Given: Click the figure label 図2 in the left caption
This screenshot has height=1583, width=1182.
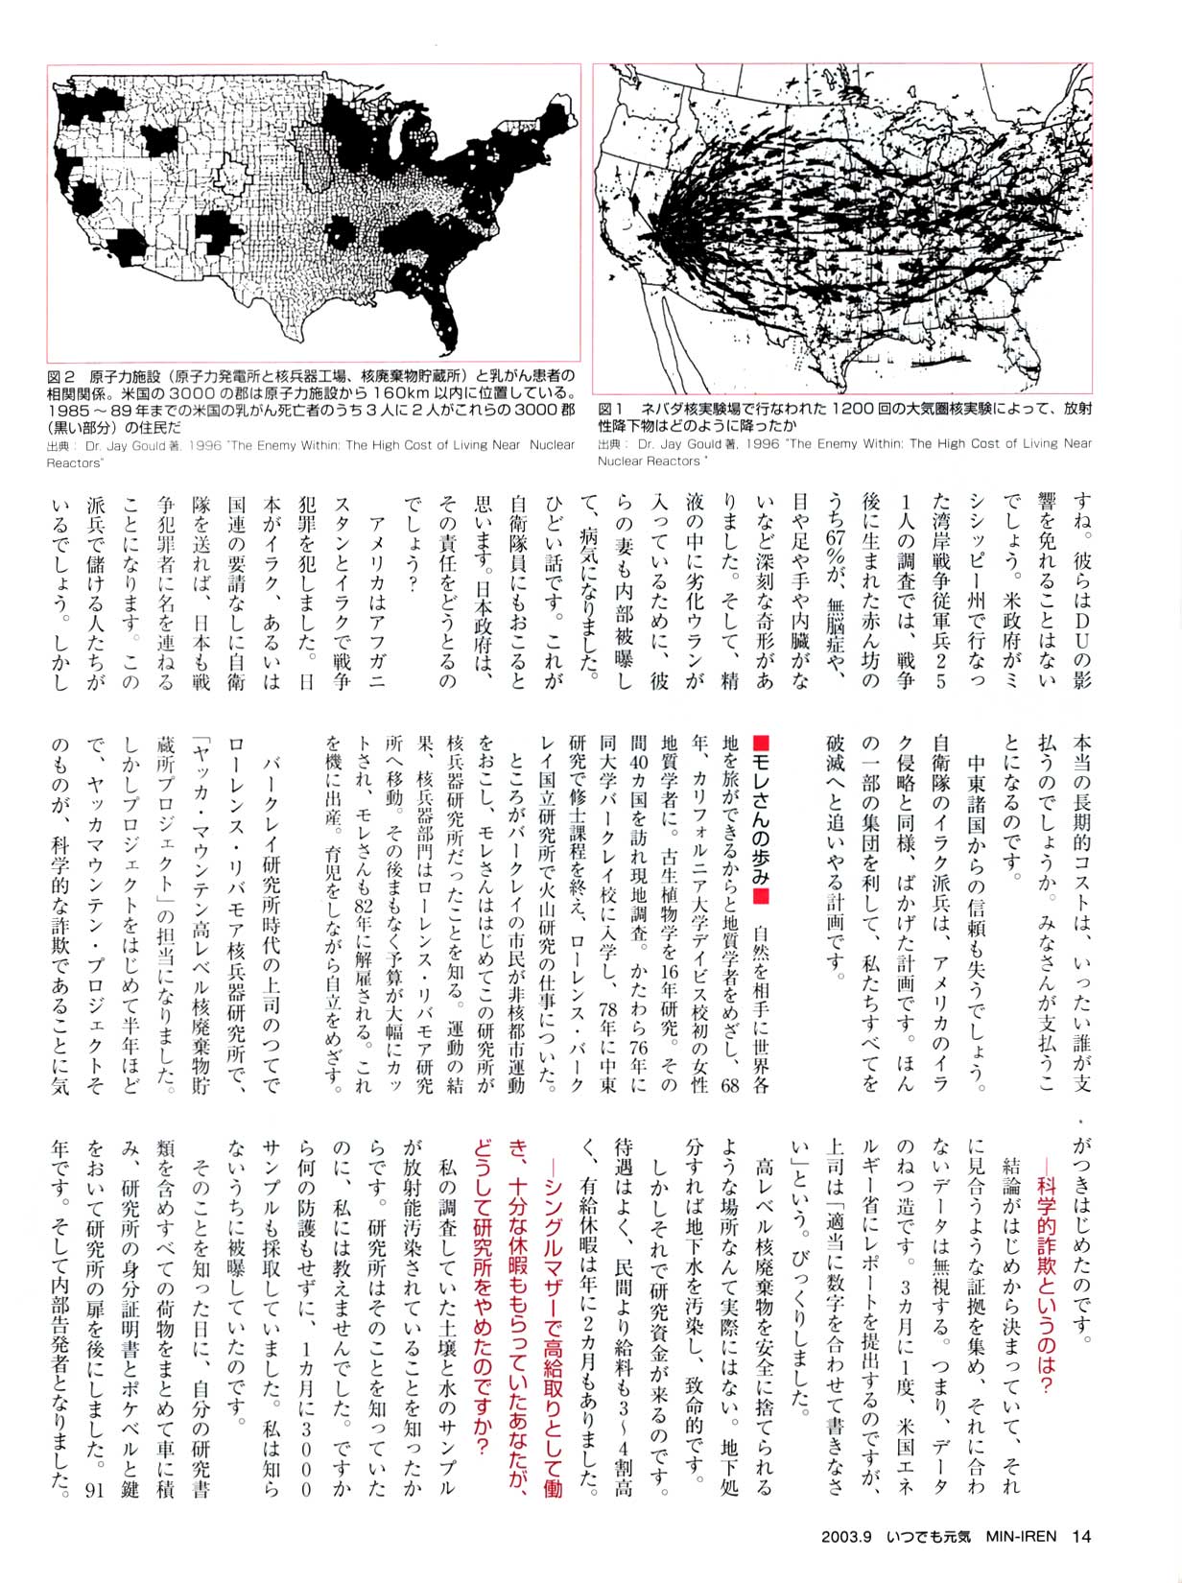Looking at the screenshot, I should point(60,374).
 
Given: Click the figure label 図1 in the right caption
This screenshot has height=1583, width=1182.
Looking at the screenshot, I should point(611,408).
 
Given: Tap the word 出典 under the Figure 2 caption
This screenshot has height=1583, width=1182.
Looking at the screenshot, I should point(58,445).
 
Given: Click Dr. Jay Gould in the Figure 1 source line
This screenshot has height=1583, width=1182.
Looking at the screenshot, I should point(677,443).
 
